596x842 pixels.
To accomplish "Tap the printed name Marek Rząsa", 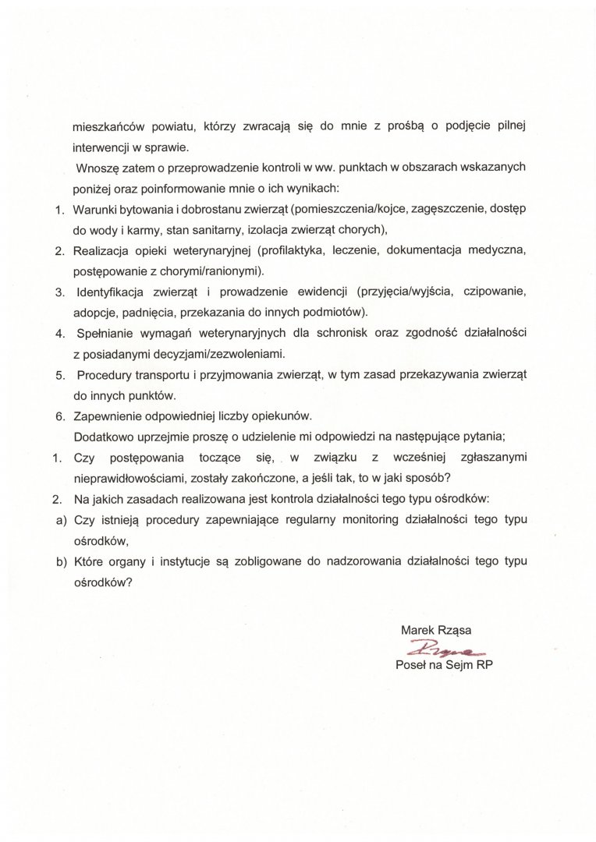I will pyautogui.click(x=437, y=628).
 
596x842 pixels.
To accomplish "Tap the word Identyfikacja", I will pyautogui.click(x=111, y=293).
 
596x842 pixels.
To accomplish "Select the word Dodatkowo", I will pyautogui.click(x=100, y=437).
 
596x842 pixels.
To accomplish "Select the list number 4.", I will pyautogui.click(x=59, y=334).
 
